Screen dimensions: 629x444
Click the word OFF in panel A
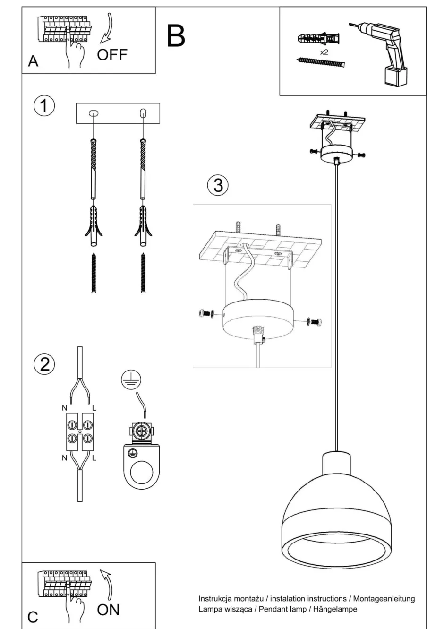112,55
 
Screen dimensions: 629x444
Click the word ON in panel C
108,610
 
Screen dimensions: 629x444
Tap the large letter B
176,36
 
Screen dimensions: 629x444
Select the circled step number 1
44,106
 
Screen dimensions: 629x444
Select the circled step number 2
44,364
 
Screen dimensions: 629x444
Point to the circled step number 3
218,185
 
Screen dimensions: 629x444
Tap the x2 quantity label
324,52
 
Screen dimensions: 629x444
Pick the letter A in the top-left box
33,61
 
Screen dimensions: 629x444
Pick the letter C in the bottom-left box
33,617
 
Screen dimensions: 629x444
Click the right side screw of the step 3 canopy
316,321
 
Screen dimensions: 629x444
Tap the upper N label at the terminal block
64,407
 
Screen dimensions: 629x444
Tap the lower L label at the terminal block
94,457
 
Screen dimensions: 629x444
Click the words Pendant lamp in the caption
282,609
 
